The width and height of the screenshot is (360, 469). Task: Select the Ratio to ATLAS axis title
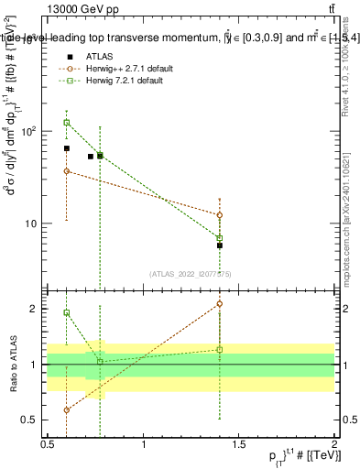[x=12, y=365]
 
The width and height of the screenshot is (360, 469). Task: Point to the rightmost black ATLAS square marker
[x=220, y=245]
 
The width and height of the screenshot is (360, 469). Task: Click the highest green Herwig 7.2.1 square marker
[x=67, y=122]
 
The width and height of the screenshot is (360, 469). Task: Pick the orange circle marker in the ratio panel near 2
[x=220, y=303]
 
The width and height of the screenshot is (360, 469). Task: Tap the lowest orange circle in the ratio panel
[x=67, y=410]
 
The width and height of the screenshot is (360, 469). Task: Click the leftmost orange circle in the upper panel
[x=67, y=171]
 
